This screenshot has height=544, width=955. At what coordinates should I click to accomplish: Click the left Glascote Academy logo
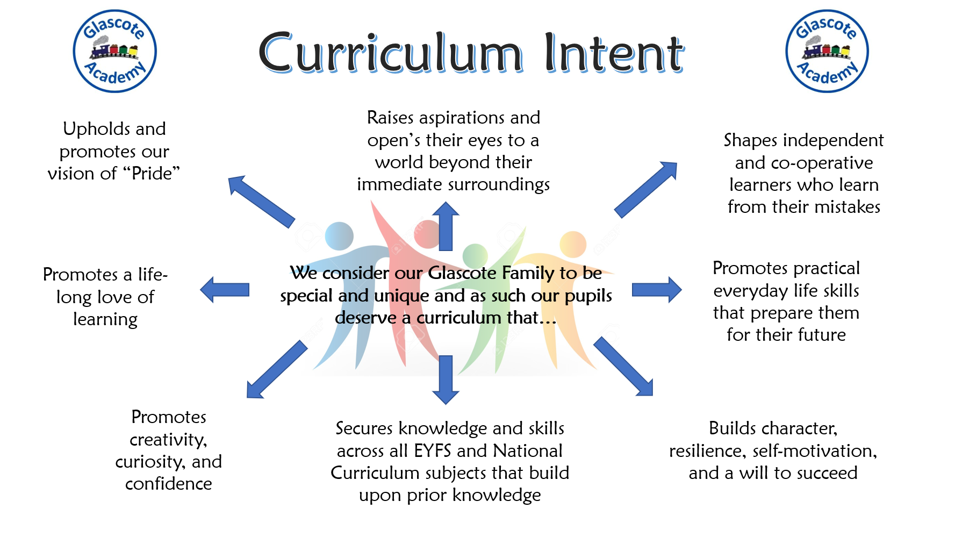pyautogui.click(x=114, y=51)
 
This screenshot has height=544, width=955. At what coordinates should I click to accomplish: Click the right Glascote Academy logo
pyautogui.click(x=827, y=51)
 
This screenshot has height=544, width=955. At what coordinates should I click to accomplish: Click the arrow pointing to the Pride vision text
pyautogui.click(x=261, y=201)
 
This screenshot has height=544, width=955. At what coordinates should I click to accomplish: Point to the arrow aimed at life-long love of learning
pyautogui.click(x=225, y=290)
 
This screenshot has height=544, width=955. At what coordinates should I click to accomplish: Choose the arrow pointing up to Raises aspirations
pyautogui.click(x=446, y=226)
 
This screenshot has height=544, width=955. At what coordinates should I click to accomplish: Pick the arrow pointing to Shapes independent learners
pyautogui.click(x=646, y=189)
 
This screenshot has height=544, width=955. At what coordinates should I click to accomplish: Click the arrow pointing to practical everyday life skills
pyautogui.click(x=657, y=290)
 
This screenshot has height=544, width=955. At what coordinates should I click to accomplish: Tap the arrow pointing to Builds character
pyautogui.click(x=623, y=367)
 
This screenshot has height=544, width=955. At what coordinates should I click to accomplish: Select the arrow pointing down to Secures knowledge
pyautogui.click(x=446, y=380)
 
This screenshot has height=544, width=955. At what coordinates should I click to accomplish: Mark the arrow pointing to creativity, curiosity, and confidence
pyautogui.click(x=277, y=369)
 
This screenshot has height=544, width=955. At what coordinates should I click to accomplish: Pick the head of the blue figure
pyautogui.click(x=339, y=236)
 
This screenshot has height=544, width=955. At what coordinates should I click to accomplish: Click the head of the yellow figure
pyautogui.click(x=573, y=245)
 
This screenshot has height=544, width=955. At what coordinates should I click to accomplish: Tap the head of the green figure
pyautogui.click(x=475, y=255)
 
